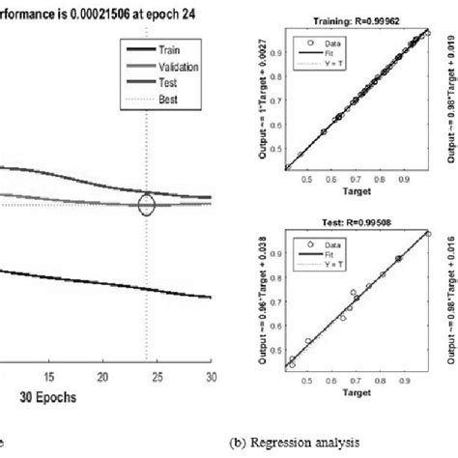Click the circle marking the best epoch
point(146,204)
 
